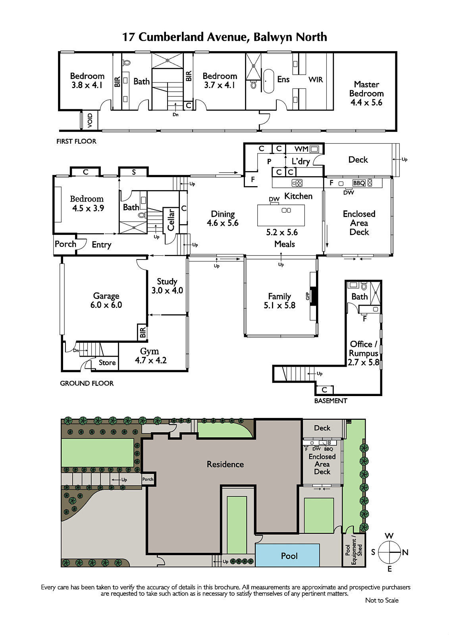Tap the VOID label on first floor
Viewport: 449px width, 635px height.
click(x=90, y=120)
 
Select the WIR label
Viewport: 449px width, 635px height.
click(x=316, y=79)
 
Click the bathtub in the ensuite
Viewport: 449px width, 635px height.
click(x=268, y=81)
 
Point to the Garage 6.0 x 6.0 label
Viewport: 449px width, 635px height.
click(x=106, y=300)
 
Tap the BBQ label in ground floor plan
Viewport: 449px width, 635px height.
click(x=359, y=183)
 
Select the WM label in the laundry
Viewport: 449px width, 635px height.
click(x=301, y=149)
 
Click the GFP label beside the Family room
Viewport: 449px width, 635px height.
click(x=307, y=296)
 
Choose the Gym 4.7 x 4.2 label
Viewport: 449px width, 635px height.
click(x=150, y=356)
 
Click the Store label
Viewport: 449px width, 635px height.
click(x=107, y=362)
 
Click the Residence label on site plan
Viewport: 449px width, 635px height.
click(x=225, y=472)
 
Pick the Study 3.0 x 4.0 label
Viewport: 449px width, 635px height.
click(x=167, y=286)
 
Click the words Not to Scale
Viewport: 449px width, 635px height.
click(x=382, y=608)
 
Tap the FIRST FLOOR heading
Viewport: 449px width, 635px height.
click(x=76, y=141)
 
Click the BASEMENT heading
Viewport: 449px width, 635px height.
click(x=330, y=401)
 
